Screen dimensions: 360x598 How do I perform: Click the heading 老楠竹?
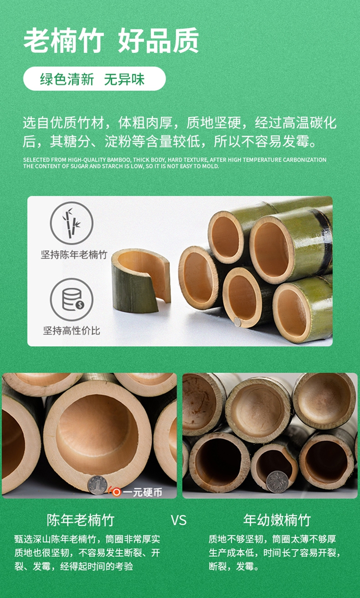click(63, 41)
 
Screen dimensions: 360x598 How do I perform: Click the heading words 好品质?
click(158, 41)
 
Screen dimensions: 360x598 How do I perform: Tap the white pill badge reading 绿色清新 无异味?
click(95, 79)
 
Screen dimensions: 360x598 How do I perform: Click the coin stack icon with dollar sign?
click(72, 299)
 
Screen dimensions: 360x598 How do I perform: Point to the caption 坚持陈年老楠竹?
click(74, 255)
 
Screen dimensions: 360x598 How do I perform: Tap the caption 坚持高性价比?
click(72, 331)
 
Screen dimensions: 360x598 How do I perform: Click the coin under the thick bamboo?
click(97, 485)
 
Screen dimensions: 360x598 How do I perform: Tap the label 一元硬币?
click(143, 492)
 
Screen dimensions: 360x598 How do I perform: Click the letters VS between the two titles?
click(179, 521)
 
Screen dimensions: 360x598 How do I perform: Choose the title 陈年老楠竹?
click(81, 520)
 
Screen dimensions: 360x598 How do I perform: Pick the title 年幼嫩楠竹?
click(277, 520)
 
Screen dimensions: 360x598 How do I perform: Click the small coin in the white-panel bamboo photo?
click(238, 322)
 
